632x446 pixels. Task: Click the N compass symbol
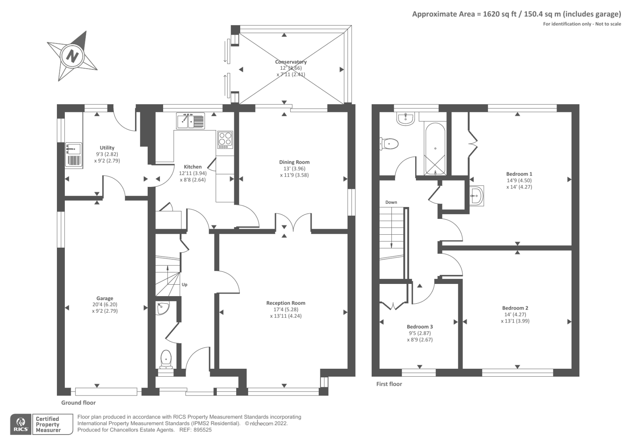click(72, 56)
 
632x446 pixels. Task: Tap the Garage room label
click(105, 298)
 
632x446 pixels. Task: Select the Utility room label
click(107, 147)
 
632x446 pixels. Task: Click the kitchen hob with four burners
click(225, 140)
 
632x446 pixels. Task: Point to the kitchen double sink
click(190, 121)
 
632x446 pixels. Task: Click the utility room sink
click(74, 155)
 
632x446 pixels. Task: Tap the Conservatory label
click(291, 62)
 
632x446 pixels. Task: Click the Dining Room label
click(294, 162)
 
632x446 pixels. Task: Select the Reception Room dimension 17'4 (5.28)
click(286, 309)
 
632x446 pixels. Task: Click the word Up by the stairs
click(184, 285)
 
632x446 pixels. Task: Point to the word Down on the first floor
click(391, 202)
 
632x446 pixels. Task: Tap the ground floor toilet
click(166, 360)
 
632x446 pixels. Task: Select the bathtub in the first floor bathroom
click(435, 149)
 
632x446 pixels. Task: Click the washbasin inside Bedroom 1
click(476, 195)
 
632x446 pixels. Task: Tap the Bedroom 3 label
click(419, 327)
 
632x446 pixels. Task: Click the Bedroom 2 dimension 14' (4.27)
click(515, 314)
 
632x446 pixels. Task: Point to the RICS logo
click(21, 424)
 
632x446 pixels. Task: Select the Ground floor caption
click(79, 403)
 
